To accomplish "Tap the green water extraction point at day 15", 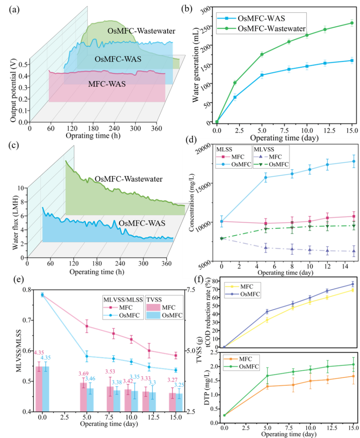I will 351,23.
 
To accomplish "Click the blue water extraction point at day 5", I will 262,75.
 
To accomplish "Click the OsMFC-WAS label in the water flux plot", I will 142,223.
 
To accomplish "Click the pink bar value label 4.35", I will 39,352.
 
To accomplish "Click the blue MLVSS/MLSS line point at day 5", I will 87,356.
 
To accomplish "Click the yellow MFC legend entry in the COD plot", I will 241,286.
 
